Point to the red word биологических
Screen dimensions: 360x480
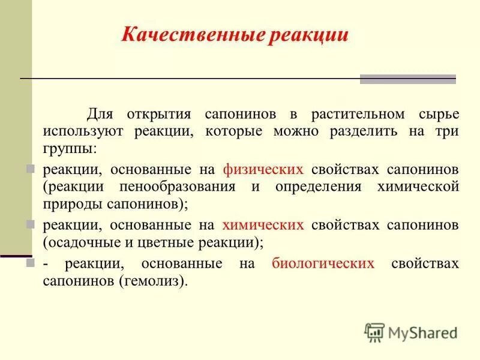point(323,263)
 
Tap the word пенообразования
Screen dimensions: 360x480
point(181,186)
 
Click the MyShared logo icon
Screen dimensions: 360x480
point(375,331)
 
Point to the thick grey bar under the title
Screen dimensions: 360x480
point(407,79)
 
